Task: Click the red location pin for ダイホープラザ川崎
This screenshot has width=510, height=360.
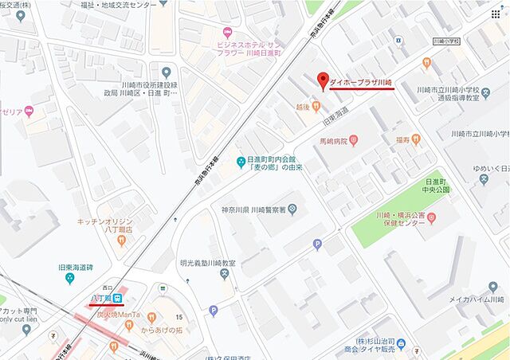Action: coord(323,81)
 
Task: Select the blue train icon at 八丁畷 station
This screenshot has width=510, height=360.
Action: coord(117,299)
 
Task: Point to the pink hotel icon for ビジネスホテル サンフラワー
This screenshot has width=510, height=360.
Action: coord(228,33)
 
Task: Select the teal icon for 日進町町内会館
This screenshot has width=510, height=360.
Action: coord(240,163)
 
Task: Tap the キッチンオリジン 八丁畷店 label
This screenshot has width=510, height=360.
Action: coord(104,225)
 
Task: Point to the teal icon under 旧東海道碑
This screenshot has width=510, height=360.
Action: coord(69,279)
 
